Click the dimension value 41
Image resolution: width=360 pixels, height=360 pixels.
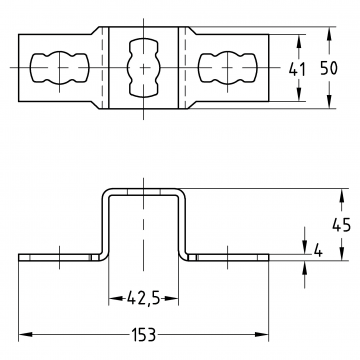point(297,69)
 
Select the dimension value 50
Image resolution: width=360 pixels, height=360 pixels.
point(329,68)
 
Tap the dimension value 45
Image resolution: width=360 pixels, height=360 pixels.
point(341,226)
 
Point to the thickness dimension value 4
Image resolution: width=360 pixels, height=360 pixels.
point(318,251)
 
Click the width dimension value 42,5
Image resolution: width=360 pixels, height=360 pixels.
point(143,298)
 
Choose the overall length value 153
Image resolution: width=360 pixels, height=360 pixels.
point(143,334)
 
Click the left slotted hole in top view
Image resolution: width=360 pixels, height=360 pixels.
point(60,68)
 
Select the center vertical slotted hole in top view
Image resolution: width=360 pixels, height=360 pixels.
point(143,68)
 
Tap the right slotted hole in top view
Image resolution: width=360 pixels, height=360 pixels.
point(228,68)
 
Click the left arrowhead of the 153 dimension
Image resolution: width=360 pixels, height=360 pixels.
point(25,334)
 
